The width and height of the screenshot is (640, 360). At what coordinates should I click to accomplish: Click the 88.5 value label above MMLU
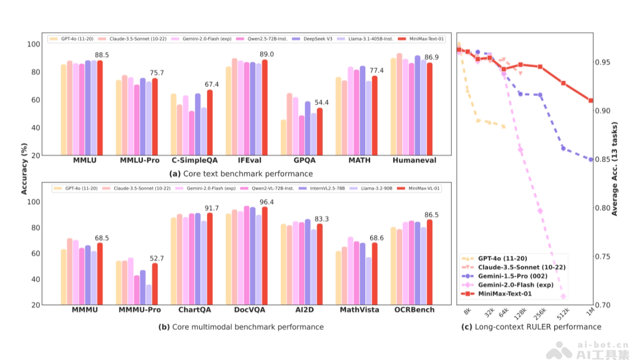102,55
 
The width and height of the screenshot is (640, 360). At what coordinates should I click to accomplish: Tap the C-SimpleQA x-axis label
195,161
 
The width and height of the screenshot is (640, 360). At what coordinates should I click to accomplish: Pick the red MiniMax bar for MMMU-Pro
155,284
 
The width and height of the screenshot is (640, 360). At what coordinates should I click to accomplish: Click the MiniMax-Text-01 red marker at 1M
591,100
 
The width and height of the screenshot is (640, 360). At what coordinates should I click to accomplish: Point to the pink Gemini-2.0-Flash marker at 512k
563,297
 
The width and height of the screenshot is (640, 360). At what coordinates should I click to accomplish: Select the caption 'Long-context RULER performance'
531,327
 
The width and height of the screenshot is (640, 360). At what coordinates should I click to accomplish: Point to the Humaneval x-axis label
414,161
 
